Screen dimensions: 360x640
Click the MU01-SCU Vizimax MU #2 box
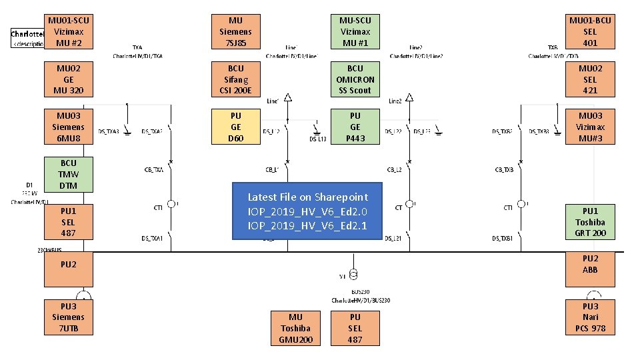click(x=69, y=31)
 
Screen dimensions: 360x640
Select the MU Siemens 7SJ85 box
click(x=235, y=31)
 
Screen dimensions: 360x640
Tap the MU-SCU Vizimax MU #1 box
click(x=355, y=31)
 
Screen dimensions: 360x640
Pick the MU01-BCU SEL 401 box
click(x=590, y=31)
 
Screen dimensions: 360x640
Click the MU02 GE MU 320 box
click(x=69, y=79)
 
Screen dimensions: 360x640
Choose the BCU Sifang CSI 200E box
click(x=235, y=79)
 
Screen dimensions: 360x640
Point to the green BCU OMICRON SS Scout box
click(x=355, y=79)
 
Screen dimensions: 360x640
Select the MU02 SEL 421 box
click(x=590, y=79)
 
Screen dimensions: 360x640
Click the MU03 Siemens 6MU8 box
click(x=69, y=127)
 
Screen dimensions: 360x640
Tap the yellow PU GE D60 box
click(x=235, y=127)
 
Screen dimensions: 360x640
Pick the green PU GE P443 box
click(x=355, y=127)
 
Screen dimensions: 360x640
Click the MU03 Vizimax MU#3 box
click(x=590, y=127)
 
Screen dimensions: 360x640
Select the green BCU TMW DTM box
click(x=69, y=174)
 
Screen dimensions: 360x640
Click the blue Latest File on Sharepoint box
click(x=307, y=211)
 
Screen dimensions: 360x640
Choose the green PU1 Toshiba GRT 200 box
click(x=590, y=222)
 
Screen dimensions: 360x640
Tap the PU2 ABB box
click(x=590, y=264)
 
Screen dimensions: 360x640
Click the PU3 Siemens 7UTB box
click(x=69, y=317)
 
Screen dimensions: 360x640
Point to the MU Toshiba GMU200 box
click(x=295, y=328)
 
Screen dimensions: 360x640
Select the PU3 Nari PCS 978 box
click(x=590, y=317)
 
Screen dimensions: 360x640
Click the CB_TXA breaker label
click(x=154, y=170)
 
